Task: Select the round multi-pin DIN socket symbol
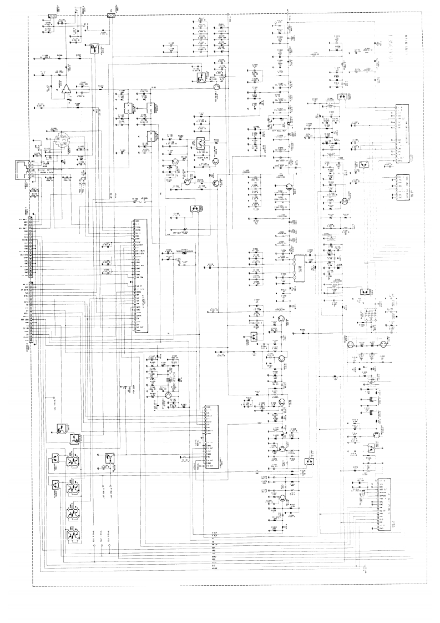pos(62,144)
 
